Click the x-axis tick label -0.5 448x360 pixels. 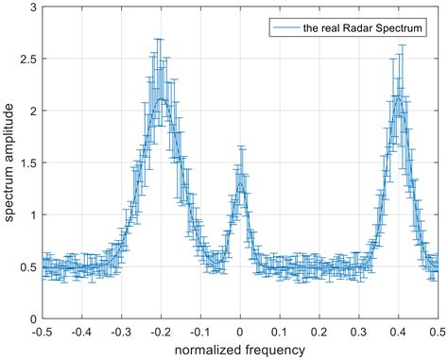(x=42, y=332)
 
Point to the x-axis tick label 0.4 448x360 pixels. (x=398, y=332)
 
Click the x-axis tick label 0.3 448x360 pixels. (x=358, y=332)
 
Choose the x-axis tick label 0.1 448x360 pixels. (x=280, y=332)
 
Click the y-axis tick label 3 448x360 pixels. (x=33, y=8)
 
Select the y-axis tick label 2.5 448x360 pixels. (x=28, y=60)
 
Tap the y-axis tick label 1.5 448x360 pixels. (x=28, y=163)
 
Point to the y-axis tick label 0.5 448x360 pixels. (x=28, y=267)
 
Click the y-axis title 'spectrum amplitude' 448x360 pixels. (x=9, y=163)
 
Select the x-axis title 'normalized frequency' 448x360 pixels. (x=240, y=350)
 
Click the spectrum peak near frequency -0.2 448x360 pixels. (x=162, y=99)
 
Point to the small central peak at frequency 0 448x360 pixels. (x=240, y=185)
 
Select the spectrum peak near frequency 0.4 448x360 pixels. (x=399, y=98)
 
